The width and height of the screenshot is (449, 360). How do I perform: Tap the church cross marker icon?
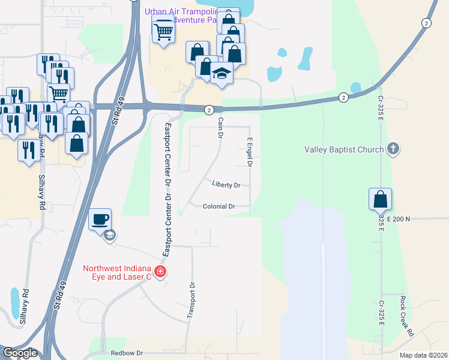tap(393, 148)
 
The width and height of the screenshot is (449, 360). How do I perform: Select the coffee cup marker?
tap(100, 219)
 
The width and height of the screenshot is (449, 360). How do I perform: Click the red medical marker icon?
tap(160, 272)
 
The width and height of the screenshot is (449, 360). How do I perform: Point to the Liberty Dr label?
tap(226, 185)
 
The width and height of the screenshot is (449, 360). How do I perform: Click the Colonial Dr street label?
tap(218, 206)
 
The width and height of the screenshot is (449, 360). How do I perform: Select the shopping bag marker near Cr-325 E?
tap(380, 200)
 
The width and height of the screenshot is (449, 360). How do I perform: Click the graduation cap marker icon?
tap(221, 74)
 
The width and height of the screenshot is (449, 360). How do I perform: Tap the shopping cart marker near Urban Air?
tap(163, 30)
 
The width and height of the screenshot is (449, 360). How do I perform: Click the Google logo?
tap(19, 353)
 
